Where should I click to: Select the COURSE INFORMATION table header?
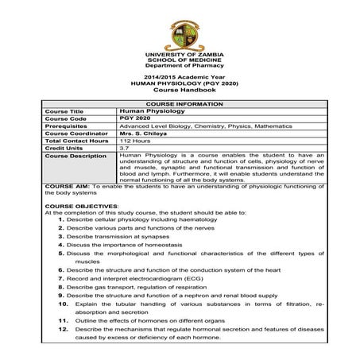coord(179,103)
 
